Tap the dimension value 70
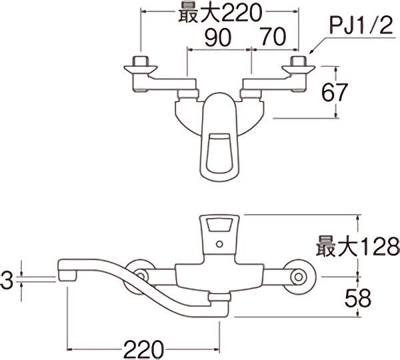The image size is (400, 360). (x=273, y=39)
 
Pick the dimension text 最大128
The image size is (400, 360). (x=357, y=248)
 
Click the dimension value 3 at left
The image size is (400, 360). (x=7, y=281)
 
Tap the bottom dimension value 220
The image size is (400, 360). (x=143, y=348)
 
